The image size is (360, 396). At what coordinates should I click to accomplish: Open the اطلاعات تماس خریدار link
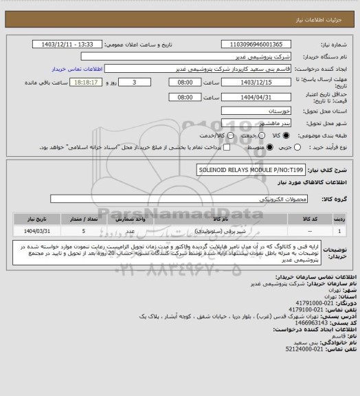[78, 69]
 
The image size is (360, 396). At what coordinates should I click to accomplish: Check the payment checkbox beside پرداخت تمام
[223, 148]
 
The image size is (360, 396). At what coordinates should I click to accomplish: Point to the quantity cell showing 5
[83, 232]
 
